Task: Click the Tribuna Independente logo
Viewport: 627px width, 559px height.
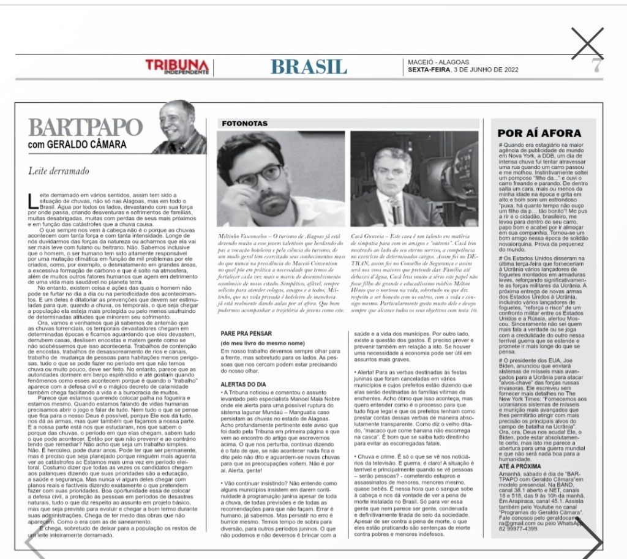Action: (x=177, y=66)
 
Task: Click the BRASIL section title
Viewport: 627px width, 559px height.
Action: (x=309, y=66)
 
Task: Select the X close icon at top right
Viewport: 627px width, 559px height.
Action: (x=587, y=43)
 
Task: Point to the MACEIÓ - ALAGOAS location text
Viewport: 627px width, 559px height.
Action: (x=438, y=62)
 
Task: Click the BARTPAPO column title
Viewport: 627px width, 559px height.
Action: (x=85, y=128)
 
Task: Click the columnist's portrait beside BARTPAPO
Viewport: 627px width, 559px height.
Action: (x=179, y=127)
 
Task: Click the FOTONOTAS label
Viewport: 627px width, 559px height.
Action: (x=244, y=123)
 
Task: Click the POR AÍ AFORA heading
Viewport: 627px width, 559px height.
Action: (x=539, y=133)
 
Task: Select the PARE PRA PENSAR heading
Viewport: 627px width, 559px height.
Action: (x=246, y=333)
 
